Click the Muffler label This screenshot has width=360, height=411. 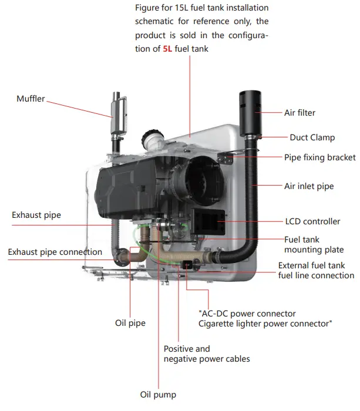[x=30, y=99]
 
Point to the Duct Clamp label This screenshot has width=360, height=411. [x=312, y=137]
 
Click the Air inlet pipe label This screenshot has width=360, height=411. [x=308, y=186]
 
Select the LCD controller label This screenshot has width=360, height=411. [x=312, y=221]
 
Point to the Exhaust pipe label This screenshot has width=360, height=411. [x=36, y=215]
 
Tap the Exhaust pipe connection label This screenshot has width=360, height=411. [x=55, y=252]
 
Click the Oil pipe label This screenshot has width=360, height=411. [x=130, y=323]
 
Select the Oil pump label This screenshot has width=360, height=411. [x=157, y=395]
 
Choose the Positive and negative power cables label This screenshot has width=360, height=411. [x=206, y=353]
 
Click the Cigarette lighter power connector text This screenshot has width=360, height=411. [x=265, y=323]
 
